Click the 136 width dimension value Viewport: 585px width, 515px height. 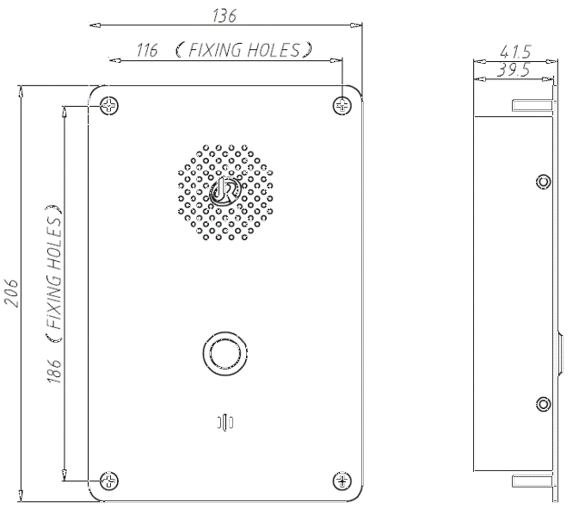[x=225, y=16]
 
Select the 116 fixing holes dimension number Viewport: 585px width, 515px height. [x=146, y=50]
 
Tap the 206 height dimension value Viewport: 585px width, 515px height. [x=11, y=293]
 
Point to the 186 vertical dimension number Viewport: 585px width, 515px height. [x=54, y=371]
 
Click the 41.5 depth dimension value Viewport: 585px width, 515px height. [x=515, y=52]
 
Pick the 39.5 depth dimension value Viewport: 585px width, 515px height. [x=513, y=70]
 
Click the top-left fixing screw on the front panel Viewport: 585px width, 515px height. [x=109, y=106]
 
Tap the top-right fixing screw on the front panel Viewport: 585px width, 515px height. [x=342, y=106]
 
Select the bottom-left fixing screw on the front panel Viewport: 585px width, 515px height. [x=109, y=481]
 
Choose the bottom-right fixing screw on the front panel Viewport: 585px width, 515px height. [x=342, y=481]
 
